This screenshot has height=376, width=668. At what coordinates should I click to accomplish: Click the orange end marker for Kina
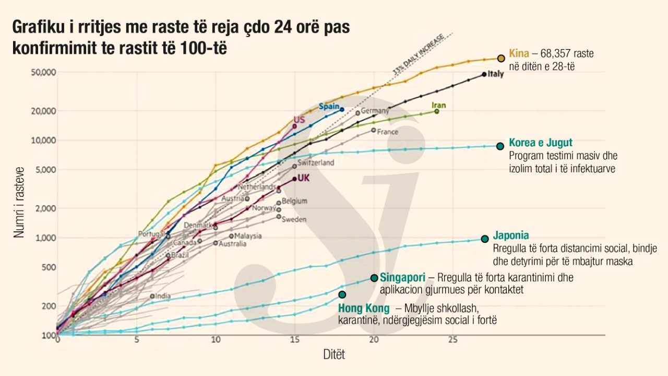tap(501, 58)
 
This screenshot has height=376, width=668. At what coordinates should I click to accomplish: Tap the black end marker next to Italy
tap(484, 74)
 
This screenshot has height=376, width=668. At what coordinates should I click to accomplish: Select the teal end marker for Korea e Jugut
tap(500, 146)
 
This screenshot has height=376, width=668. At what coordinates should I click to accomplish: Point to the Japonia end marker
tap(485, 239)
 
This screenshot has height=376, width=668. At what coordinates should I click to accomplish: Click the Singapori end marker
tap(374, 278)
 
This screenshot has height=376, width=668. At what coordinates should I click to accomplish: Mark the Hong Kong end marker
tap(342, 295)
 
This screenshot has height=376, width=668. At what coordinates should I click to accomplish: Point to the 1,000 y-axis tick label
tap(42, 238)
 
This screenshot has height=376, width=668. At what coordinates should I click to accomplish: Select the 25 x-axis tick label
tap(452, 340)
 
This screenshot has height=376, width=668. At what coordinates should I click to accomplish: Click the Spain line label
tap(329, 106)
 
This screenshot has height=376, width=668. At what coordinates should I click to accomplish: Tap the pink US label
tap(299, 120)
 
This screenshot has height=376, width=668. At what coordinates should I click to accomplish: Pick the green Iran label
tap(438, 105)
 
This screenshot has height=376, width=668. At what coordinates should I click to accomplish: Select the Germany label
tap(375, 111)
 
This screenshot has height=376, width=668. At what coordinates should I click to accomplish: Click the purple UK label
tap(303, 178)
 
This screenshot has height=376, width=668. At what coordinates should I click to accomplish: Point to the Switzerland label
tap(316, 163)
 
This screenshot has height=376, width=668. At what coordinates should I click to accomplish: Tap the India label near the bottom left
tap(163, 296)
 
